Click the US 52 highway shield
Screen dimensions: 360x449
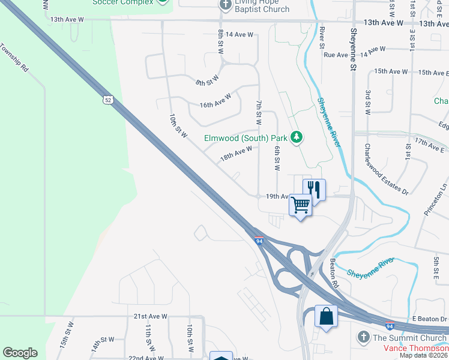click(107, 100)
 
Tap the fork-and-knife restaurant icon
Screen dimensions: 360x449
click(314, 189)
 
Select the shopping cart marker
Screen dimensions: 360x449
click(301, 205)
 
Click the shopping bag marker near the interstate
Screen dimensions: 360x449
click(325, 316)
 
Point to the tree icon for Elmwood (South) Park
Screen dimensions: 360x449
click(296, 138)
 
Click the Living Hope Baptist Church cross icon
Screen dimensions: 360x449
click(226, 5)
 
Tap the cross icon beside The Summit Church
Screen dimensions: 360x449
click(363, 338)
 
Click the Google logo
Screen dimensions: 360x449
click(20, 353)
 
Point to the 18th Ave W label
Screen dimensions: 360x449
click(235, 154)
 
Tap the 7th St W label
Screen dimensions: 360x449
click(259, 113)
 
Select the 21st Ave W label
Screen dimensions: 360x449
click(150, 316)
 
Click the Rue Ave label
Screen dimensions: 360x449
click(336, 55)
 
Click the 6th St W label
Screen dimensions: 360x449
click(277, 158)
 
